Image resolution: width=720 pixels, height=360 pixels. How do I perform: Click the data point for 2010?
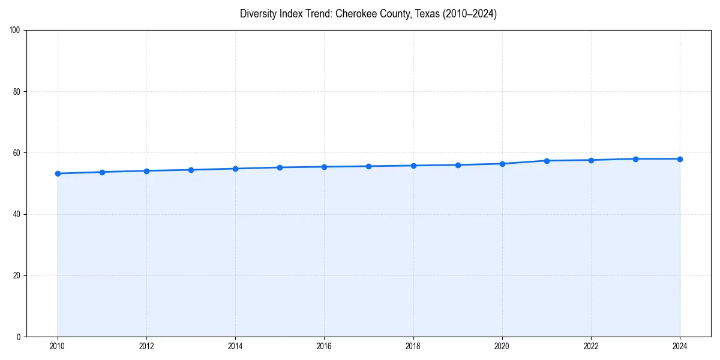click(x=58, y=173)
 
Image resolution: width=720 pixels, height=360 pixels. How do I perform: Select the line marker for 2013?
click(x=191, y=170)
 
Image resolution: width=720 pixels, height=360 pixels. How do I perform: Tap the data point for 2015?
click(x=280, y=167)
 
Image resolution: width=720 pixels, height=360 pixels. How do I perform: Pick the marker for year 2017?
click(x=368, y=166)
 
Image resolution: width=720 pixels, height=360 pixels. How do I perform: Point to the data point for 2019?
click(x=458, y=165)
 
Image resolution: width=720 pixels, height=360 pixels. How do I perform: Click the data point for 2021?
click(x=547, y=161)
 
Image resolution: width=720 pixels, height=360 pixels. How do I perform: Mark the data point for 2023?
click(x=635, y=159)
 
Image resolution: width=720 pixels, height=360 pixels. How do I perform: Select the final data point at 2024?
click(x=680, y=159)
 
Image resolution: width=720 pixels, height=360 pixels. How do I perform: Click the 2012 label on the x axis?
click(x=146, y=346)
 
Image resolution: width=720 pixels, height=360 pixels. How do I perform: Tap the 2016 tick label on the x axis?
click(x=324, y=346)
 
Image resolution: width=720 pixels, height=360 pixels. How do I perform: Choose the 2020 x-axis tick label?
click(x=502, y=346)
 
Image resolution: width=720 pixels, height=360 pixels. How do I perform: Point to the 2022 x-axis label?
click(x=591, y=346)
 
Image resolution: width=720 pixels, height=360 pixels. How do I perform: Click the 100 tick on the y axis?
click(x=15, y=31)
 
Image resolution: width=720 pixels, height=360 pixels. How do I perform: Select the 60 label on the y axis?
click(x=17, y=153)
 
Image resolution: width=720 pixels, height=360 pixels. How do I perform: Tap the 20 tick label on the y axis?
click(x=17, y=275)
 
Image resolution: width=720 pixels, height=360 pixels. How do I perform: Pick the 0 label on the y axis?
click(x=19, y=337)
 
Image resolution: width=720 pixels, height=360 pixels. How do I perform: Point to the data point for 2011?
click(x=102, y=172)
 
